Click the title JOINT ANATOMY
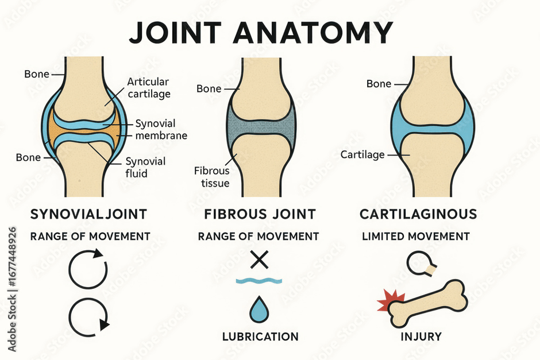[x=261, y=32]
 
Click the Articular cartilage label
[x=149, y=88]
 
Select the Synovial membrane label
[x=161, y=129]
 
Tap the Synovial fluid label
[x=145, y=167]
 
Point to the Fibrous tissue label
[x=212, y=177]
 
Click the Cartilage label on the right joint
[x=362, y=155]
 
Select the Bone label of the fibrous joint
[x=209, y=89]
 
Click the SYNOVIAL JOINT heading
[x=88, y=214]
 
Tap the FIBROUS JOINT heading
[x=260, y=214]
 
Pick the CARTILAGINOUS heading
[x=418, y=214]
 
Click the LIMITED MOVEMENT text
[x=416, y=237]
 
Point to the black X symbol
[x=259, y=260]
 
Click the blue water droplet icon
[x=259, y=309]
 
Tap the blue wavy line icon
[x=259, y=281]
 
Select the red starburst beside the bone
[x=390, y=300]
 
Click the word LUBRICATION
[x=260, y=336]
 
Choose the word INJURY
[x=421, y=336]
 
